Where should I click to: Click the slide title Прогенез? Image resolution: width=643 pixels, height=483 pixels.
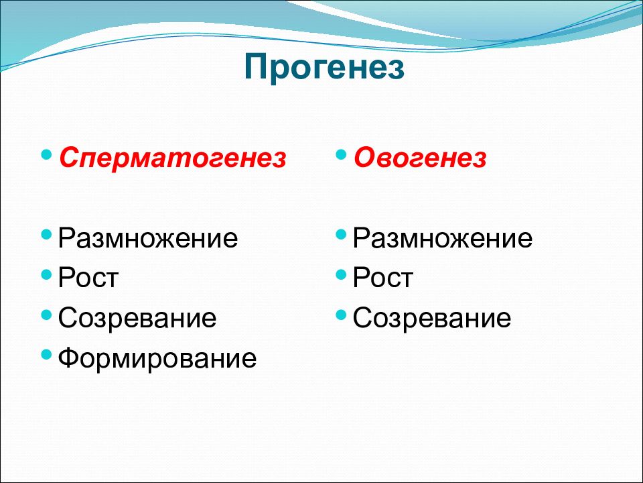[324, 68]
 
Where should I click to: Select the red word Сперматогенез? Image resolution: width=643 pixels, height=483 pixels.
[173, 158]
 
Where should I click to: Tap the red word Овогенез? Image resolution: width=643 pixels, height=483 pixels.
[421, 157]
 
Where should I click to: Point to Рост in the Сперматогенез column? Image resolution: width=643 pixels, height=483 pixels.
[88, 278]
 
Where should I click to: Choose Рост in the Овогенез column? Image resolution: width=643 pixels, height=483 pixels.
[382, 278]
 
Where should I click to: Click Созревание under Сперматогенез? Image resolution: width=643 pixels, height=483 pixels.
[137, 318]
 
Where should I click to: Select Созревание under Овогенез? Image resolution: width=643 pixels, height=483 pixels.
[432, 318]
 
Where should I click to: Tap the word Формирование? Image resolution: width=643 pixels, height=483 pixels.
[157, 358]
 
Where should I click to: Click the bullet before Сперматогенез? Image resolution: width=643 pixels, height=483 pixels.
[47, 155]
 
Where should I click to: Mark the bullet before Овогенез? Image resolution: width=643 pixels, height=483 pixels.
[341, 155]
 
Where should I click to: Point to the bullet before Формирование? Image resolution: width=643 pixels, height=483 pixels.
[47, 354]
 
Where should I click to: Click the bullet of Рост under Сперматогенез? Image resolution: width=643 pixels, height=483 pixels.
[47, 274]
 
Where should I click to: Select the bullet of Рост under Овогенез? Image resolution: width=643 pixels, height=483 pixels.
[341, 274]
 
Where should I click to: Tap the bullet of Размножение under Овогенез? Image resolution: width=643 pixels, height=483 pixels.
[341, 235]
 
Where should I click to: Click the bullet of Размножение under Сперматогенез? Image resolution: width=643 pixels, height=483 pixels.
[47, 235]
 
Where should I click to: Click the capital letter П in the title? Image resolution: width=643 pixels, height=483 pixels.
[256, 66]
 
